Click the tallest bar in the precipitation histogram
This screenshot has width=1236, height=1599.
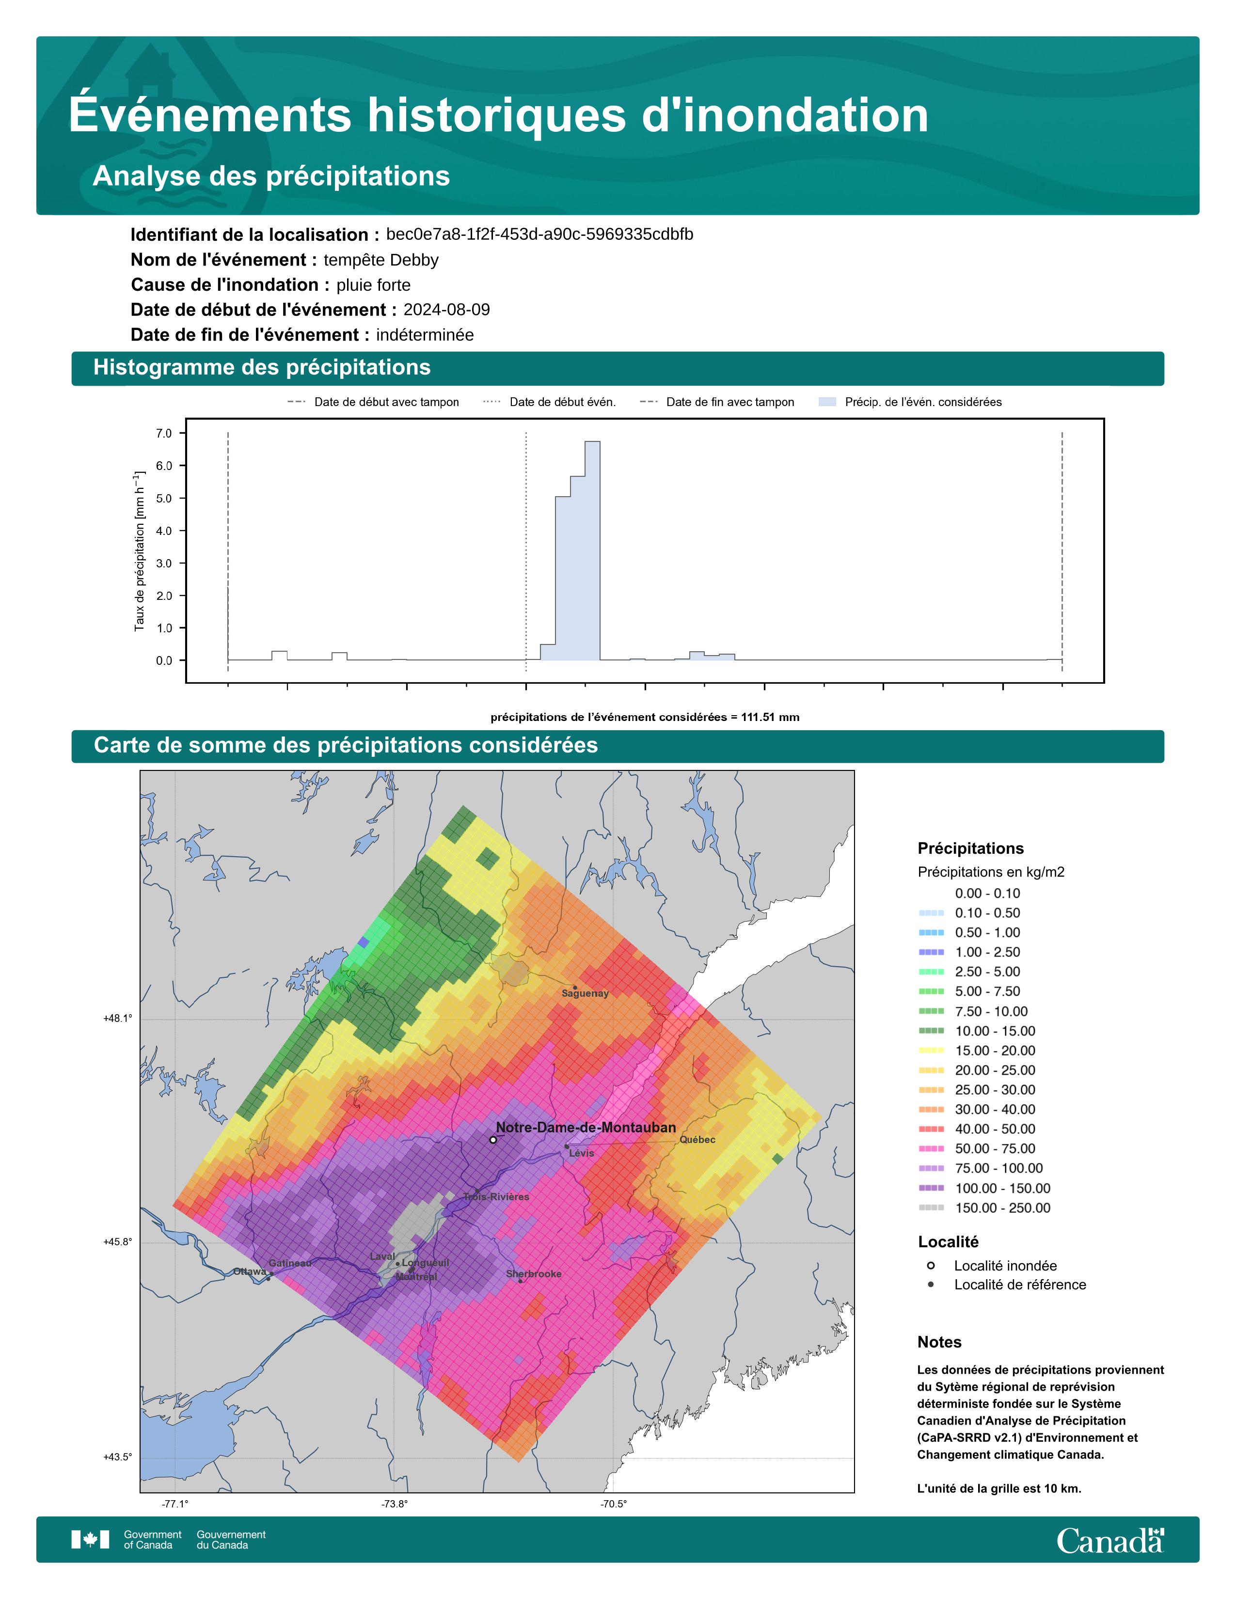click(592, 550)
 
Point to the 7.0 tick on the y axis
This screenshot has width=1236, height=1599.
click(164, 434)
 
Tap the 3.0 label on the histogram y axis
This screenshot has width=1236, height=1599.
click(164, 563)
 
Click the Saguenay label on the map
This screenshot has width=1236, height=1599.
click(585, 993)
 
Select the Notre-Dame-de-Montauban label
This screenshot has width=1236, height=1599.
click(586, 1128)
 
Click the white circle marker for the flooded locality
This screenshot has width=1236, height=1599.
click(493, 1139)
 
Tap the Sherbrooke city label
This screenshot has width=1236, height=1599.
click(534, 1274)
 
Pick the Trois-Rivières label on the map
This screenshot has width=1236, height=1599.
click(496, 1196)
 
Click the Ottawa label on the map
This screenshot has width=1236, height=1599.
click(250, 1272)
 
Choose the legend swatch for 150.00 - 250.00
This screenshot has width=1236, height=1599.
click(931, 1207)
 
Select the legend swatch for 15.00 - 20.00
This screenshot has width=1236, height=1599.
click(931, 1050)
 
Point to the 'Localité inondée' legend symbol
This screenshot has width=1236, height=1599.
click(931, 1265)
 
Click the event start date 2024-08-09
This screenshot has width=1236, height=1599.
click(447, 310)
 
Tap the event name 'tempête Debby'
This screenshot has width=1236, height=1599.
click(381, 260)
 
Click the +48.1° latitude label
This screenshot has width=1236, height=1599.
click(118, 1019)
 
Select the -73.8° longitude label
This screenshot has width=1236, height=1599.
click(395, 1504)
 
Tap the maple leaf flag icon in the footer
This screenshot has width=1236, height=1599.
click(90, 1540)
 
